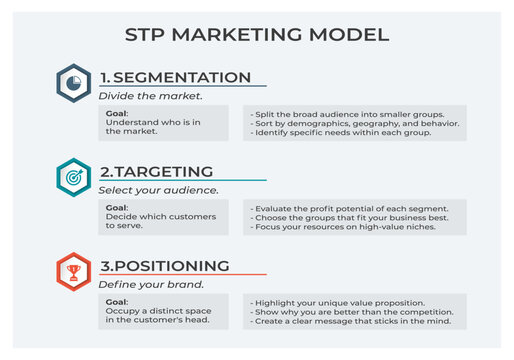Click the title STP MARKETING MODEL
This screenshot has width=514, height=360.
[x=257, y=35]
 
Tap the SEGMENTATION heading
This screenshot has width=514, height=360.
[x=175, y=78]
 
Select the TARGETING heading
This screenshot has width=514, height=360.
[x=158, y=172]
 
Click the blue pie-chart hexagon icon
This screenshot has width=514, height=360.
[x=73, y=83]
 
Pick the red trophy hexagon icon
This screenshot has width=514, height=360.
[x=73, y=271]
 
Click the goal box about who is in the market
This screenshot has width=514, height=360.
[x=163, y=123]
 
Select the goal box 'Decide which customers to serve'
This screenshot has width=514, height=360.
[x=163, y=217]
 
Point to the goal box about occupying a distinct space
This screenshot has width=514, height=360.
[x=163, y=311]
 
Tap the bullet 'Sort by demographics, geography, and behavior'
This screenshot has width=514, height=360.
[x=356, y=123]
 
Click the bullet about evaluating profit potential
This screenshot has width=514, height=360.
[x=348, y=207]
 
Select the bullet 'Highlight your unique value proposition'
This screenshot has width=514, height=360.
[x=334, y=301]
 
